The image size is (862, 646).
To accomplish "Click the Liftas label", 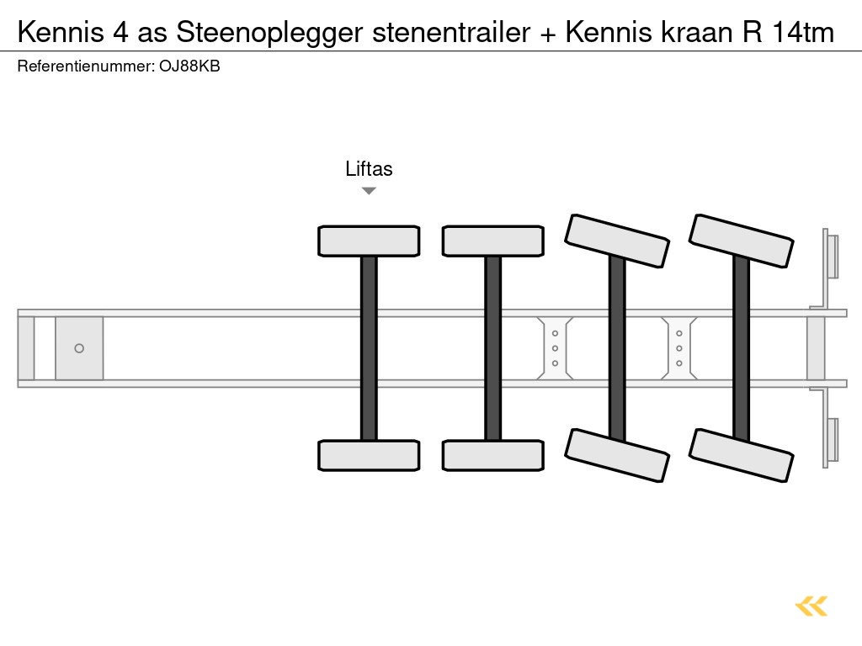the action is [x=369, y=169].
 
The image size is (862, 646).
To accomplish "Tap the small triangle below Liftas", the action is [x=369, y=191].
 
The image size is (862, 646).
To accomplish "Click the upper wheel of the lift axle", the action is [x=369, y=241].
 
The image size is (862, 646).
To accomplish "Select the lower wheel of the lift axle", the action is [x=369, y=455].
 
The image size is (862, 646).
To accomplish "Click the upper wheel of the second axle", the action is [x=492, y=241].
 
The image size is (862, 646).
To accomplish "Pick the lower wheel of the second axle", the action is [x=492, y=455].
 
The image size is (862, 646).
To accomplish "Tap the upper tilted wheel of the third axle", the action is [x=617, y=241].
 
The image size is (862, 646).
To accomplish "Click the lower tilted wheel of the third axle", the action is [x=617, y=455].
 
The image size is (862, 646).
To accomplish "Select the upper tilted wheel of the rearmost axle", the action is [x=741, y=241].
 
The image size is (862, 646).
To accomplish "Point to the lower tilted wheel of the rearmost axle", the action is [x=741, y=455].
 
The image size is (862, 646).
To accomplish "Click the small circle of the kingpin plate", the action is [x=79, y=348].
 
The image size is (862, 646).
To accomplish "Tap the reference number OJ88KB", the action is [x=189, y=66].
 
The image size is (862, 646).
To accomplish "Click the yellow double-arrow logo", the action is [x=811, y=606].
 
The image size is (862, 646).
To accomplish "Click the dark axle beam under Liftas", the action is [x=369, y=348].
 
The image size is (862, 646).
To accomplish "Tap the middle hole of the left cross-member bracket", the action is [x=555, y=348].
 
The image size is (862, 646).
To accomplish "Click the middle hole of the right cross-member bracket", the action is [x=678, y=348].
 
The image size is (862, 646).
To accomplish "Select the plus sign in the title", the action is [x=548, y=34].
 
